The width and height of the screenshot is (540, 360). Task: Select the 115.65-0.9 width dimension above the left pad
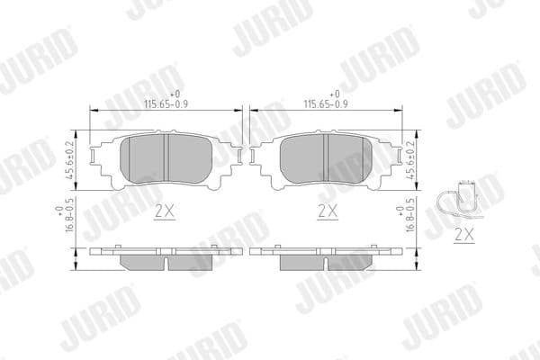pos(168,103)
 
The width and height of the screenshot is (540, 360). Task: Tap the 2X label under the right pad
pos(328,212)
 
